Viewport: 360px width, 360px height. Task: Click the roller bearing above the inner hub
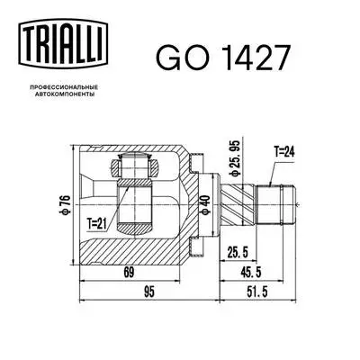point(132,167)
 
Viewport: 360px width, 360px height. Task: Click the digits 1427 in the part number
point(255,57)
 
